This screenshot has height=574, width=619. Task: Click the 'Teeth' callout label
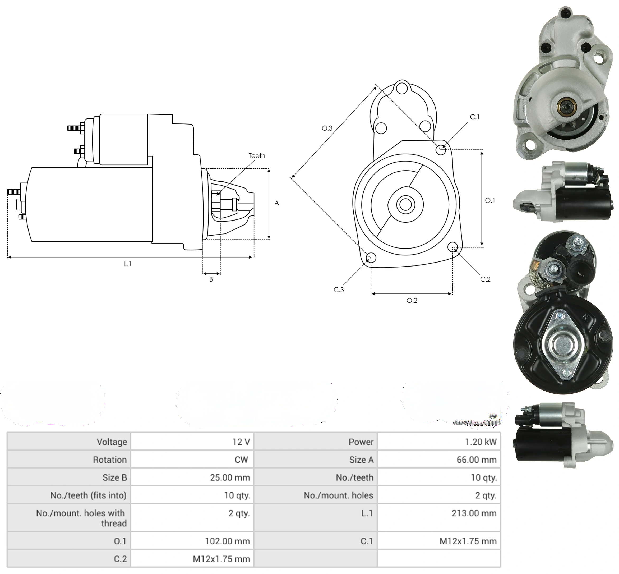(x=257, y=156)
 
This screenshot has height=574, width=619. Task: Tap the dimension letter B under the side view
(x=211, y=279)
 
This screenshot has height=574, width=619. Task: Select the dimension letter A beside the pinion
(x=277, y=203)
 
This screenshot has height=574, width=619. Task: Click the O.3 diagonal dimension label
(x=327, y=128)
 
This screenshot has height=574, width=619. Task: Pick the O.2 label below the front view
(x=412, y=300)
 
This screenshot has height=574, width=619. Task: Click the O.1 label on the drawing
(x=490, y=200)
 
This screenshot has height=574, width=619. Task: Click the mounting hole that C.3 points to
(x=371, y=258)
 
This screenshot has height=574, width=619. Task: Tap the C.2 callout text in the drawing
(x=485, y=279)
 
